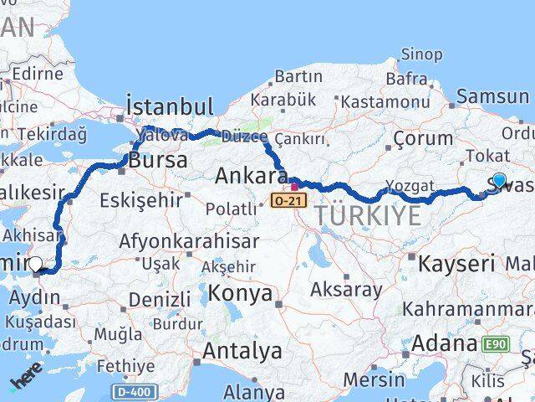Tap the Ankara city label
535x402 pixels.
251,176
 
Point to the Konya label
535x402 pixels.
240,293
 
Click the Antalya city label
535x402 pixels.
242,350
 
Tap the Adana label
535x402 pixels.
444,343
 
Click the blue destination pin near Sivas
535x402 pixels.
499,180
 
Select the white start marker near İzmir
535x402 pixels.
35,265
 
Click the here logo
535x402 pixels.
26,381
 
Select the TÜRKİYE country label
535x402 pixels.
367,216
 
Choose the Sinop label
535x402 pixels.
421,54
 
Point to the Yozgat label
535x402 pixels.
410,186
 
